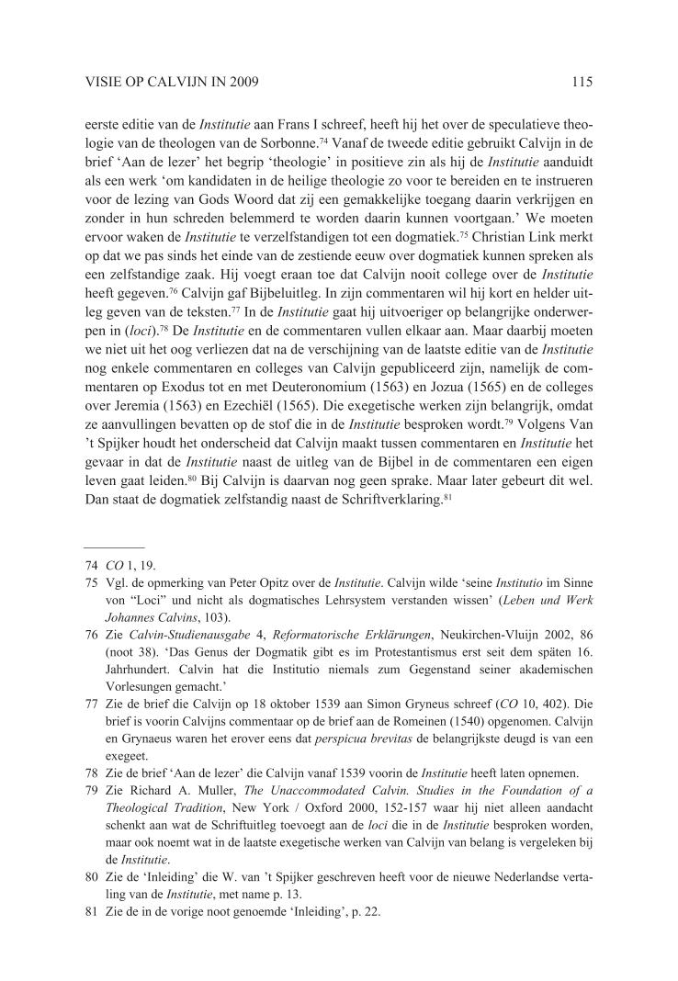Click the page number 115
581,82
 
